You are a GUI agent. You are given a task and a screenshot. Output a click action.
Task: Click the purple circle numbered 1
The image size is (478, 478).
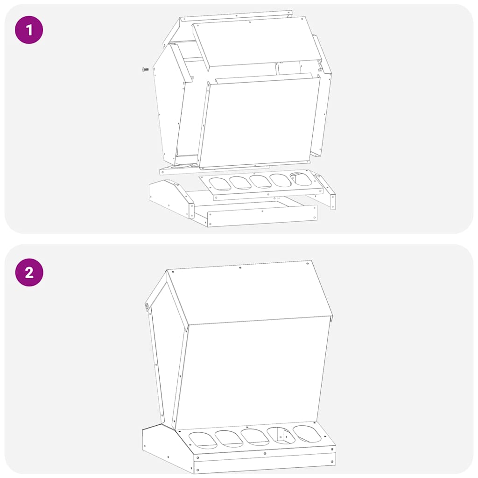click(x=29, y=30)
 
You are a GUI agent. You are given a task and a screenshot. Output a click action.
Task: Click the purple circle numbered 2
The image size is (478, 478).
click(x=29, y=272)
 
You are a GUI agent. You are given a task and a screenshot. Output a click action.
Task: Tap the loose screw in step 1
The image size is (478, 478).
click(x=146, y=70)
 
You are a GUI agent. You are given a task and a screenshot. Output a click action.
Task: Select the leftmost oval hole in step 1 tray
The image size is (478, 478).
click(x=220, y=183)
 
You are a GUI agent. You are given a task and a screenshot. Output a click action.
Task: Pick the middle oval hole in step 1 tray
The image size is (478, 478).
click(x=260, y=182)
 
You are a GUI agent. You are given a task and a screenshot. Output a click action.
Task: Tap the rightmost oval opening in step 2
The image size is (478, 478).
click(x=307, y=434)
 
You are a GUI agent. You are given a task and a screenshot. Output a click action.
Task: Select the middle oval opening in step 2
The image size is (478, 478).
click(x=255, y=437)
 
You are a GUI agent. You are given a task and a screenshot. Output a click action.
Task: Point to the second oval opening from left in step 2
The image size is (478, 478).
click(x=229, y=438)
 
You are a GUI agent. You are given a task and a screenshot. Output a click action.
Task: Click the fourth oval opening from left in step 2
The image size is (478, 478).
click(x=281, y=436)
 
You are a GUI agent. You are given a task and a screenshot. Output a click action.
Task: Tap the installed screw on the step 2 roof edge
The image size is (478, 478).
click(x=146, y=307)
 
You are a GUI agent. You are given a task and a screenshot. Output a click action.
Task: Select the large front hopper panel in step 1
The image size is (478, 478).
click(x=259, y=122)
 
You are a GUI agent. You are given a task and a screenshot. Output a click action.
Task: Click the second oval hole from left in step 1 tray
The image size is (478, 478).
click(x=240, y=183)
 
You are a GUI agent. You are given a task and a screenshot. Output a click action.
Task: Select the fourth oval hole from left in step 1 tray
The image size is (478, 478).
click(x=281, y=180)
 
